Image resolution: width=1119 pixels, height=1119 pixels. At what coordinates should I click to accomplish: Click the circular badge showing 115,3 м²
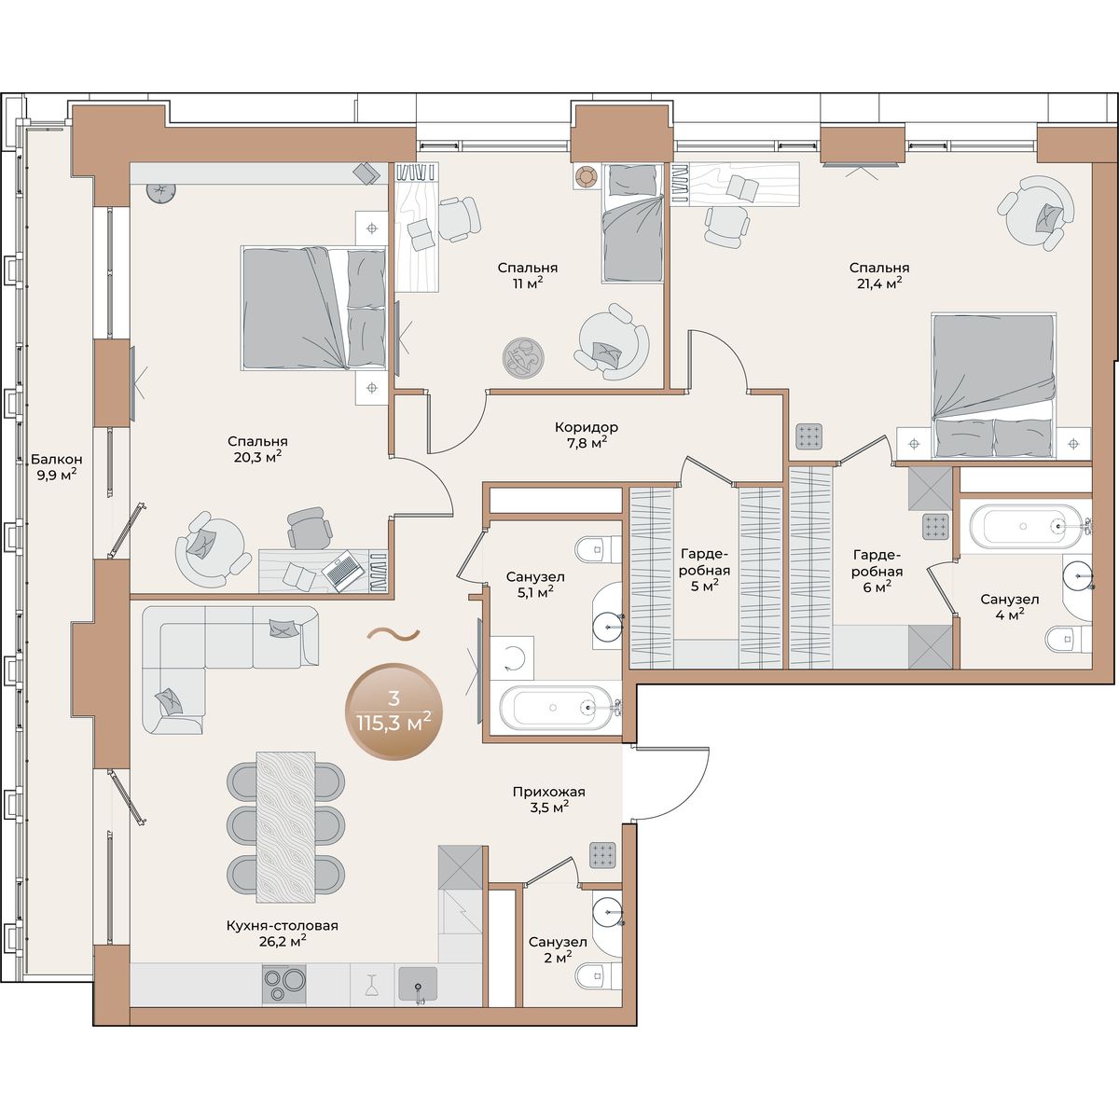click(394, 711)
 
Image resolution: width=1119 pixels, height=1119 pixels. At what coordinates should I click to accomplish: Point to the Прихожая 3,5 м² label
click(548, 799)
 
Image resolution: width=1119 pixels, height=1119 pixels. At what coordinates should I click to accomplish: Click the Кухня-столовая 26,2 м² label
click(283, 933)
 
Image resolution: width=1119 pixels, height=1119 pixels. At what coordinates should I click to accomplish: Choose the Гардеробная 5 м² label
click(704, 570)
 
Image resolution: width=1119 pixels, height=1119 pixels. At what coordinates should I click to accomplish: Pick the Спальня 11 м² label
click(527, 275)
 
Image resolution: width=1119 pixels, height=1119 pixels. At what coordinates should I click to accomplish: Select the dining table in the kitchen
click(285, 827)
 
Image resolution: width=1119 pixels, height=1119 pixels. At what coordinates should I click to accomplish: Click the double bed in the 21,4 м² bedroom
click(993, 386)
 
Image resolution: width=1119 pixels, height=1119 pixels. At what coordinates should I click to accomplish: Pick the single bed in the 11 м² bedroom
click(632, 223)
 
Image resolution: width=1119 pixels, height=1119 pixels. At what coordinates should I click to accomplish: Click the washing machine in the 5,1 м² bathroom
click(512, 657)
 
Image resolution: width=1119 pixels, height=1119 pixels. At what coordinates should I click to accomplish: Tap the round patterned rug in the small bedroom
click(524, 358)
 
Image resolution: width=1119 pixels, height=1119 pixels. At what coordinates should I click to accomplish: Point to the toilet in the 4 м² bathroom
click(1069, 640)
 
